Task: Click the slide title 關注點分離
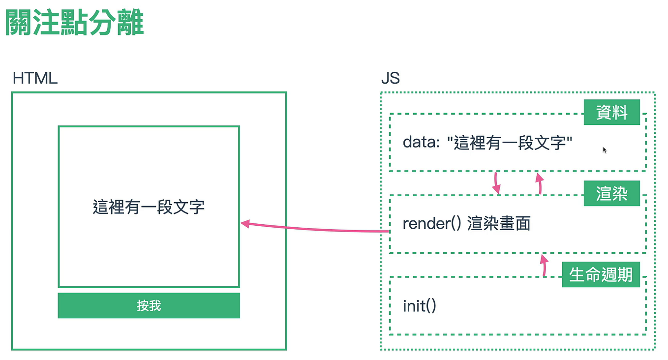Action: [x=74, y=24]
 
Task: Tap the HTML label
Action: [x=35, y=78]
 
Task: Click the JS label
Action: [x=390, y=78]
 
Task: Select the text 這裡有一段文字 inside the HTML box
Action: [x=149, y=207]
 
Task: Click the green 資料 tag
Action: [x=611, y=113]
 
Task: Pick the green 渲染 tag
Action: [x=611, y=194]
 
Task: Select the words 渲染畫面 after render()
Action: [x=498, y=224]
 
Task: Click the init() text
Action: [x=420, y=306]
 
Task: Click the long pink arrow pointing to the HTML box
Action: [x=315, y=228]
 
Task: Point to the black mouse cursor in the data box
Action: [x=605, y=150]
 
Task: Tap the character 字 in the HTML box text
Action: [x=197, y=207]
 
